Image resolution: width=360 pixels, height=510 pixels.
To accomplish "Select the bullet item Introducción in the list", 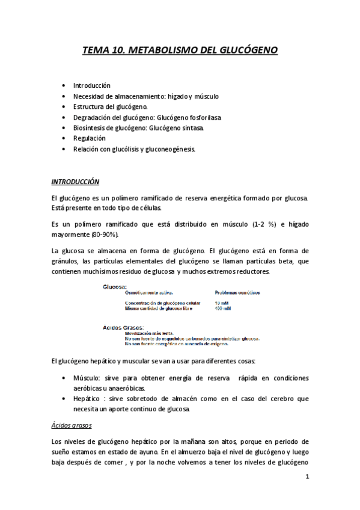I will (91, 85).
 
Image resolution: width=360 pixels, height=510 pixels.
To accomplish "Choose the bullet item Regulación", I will (89, 138).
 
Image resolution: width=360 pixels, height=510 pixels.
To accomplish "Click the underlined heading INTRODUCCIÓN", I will (75, 181).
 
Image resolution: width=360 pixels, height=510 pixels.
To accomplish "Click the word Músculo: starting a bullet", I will (88, 378).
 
